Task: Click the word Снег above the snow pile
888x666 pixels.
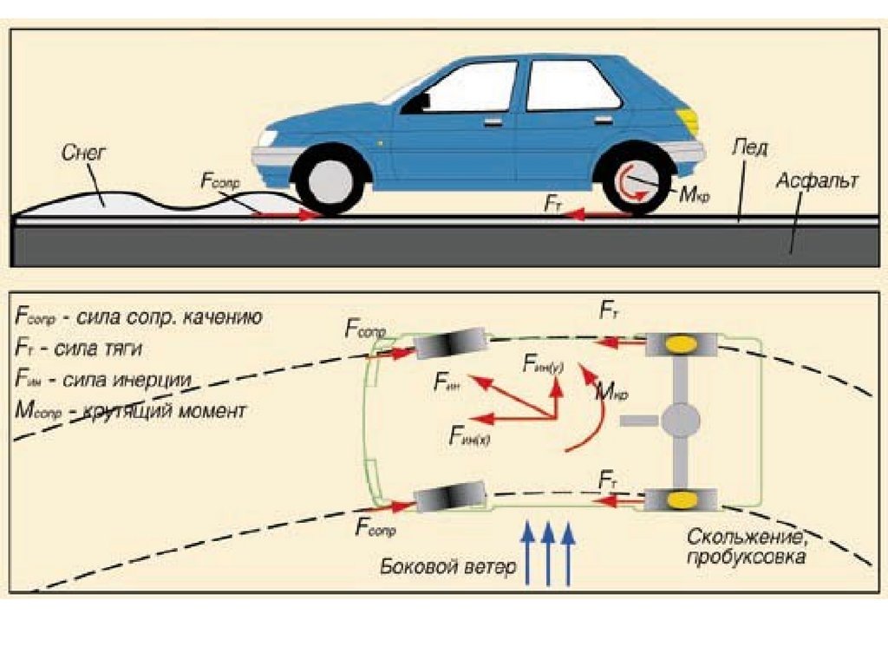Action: point(84,153)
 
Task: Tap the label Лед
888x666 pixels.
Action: point(748,147)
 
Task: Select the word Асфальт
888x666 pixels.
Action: point(817,181)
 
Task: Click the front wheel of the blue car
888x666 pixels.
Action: point(329,183)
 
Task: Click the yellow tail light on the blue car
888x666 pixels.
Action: point(688,121)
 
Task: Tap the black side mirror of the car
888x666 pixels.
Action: point(418,102)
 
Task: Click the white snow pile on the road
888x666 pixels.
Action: point(104,200)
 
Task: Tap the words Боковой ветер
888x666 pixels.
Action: point(447,567)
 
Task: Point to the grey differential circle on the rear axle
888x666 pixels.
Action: point(681,421)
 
